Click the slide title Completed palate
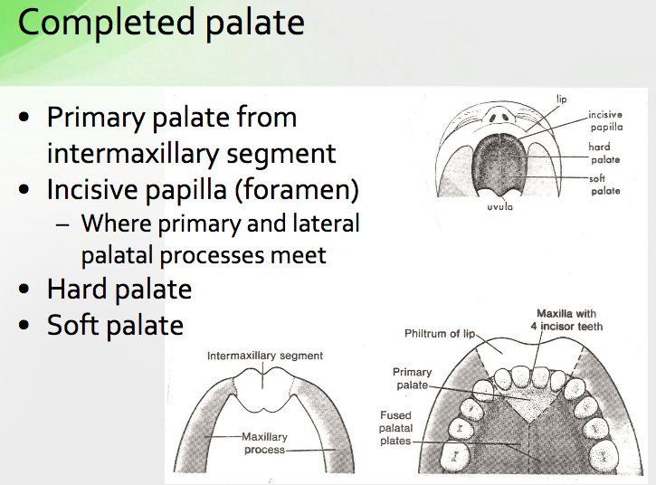tap(160, 23)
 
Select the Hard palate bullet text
tap(119, 290)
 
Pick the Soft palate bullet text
tap(115, 325)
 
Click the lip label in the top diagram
tap(561, 99)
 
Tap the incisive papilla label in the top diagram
tap(604, 121)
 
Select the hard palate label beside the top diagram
tap(604, 153)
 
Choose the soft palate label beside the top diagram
tap(604, 185)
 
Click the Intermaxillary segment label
tap(265, 356)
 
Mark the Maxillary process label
tap(263, 443)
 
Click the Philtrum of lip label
tap(440, 335)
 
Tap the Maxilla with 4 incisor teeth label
tap(567, 319)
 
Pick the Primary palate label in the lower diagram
tap(413, 378)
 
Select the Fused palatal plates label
tap(395, 428)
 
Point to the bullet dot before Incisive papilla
tap(29, 191)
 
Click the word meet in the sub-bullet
tap(299, 255)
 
